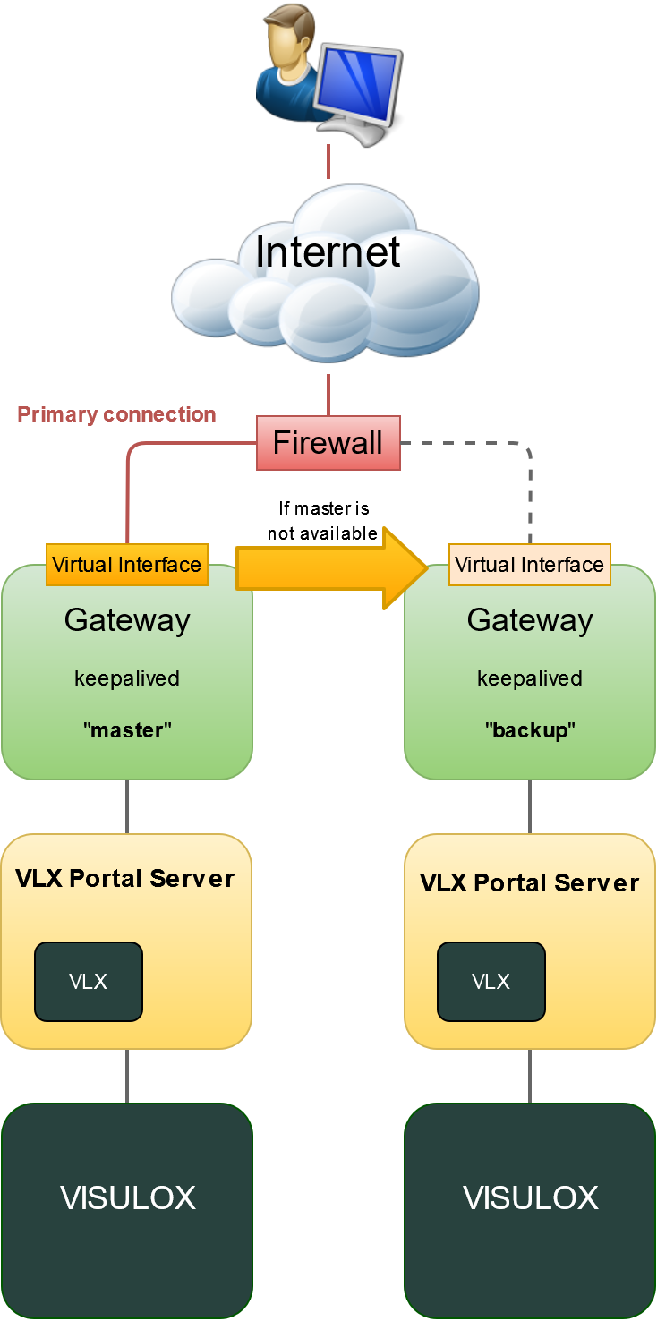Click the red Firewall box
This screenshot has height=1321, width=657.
pos(328,443)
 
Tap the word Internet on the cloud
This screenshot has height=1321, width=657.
pos(328,252)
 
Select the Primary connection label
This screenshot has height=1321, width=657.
pos(116,414)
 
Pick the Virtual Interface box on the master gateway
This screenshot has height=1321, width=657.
pos(126,565)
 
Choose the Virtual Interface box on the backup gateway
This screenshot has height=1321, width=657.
pos(529,565)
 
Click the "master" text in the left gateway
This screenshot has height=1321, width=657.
pos(127,730)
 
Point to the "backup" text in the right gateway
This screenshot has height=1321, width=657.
pos(530,730)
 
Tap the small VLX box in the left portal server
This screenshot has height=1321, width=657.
pos(89,982)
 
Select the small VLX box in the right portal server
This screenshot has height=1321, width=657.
pos(491,982)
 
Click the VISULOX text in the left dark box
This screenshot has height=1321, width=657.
pos(127,1198)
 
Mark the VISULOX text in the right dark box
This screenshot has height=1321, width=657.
pos(530,1198)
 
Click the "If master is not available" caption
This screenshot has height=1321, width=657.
pos(323,521)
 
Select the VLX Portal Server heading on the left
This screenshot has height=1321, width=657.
pos(125,879)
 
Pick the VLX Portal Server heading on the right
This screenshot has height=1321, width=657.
pos(529,883)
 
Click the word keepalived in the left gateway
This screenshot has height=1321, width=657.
pos(127,678)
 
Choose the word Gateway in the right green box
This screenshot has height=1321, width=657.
pos(530,620)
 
